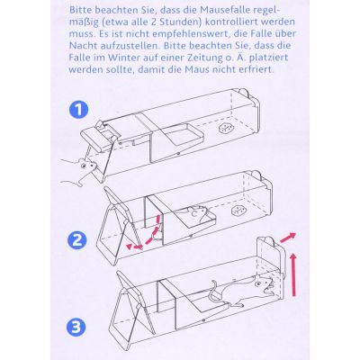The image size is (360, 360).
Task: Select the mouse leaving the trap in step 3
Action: [257, 311]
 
